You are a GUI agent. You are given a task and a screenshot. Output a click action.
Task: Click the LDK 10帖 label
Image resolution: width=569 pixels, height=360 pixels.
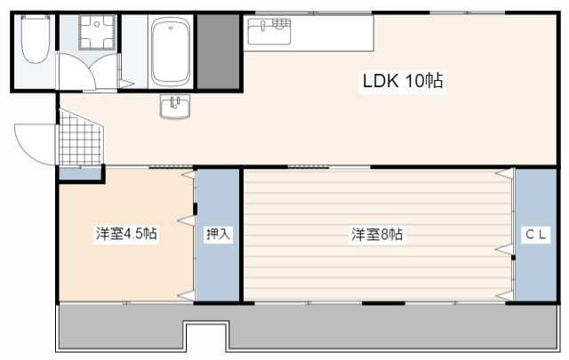[x=402, y=82]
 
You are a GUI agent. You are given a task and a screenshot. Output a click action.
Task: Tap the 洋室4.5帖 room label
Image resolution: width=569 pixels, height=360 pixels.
[x=127, y=235]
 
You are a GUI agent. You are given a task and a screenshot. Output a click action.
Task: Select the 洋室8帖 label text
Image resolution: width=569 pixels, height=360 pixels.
[x=377, y=235]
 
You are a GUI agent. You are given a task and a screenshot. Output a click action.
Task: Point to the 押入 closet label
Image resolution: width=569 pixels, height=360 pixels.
[x=218, y=235]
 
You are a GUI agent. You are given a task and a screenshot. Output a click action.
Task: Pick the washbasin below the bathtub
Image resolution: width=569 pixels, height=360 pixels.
[x=174, y=108]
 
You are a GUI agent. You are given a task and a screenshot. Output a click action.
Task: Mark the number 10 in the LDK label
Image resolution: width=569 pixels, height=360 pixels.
[x=415, y=82]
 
